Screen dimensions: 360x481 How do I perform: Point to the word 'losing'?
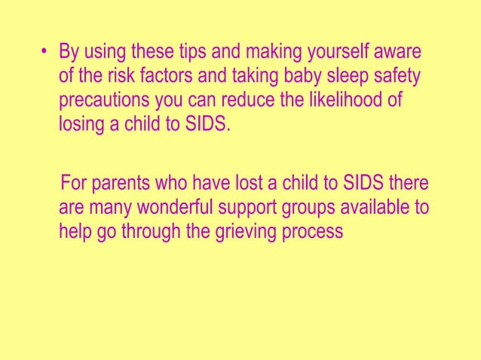tap(81, 123)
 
